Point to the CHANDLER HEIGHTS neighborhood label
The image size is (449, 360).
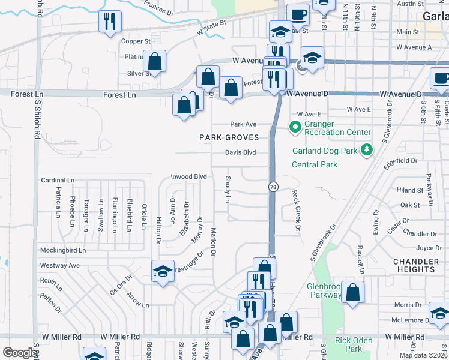[416, 266]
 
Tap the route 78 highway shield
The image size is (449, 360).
[273, 187]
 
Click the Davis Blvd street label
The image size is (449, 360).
[240, 152]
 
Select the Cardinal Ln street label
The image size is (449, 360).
[58, 180]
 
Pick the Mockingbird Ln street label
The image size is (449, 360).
[63, 250]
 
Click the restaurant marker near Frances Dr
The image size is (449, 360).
[110, 22]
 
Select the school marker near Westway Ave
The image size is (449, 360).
[163, 272]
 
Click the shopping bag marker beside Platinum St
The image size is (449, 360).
[154, 61]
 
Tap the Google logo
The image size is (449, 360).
[20, 353]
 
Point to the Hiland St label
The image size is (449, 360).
[411, 190]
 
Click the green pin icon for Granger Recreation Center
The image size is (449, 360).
[295, 127]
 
